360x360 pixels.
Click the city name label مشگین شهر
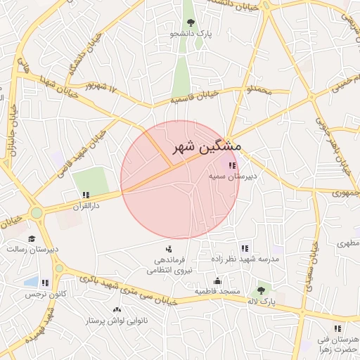(206, 148)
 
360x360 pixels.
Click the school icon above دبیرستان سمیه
(233, 165)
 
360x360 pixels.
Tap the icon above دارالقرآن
(86, 195)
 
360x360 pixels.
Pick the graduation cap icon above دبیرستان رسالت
(32, 238)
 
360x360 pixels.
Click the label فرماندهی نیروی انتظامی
(168, 263)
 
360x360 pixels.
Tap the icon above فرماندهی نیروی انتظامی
(169, 248)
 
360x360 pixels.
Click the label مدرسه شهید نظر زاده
(245, 259)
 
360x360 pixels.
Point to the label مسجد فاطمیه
(217, 290)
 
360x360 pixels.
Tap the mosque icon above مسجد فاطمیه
(218, 280)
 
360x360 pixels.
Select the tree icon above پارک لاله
(262, 290)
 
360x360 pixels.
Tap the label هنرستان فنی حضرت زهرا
(337, 344)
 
